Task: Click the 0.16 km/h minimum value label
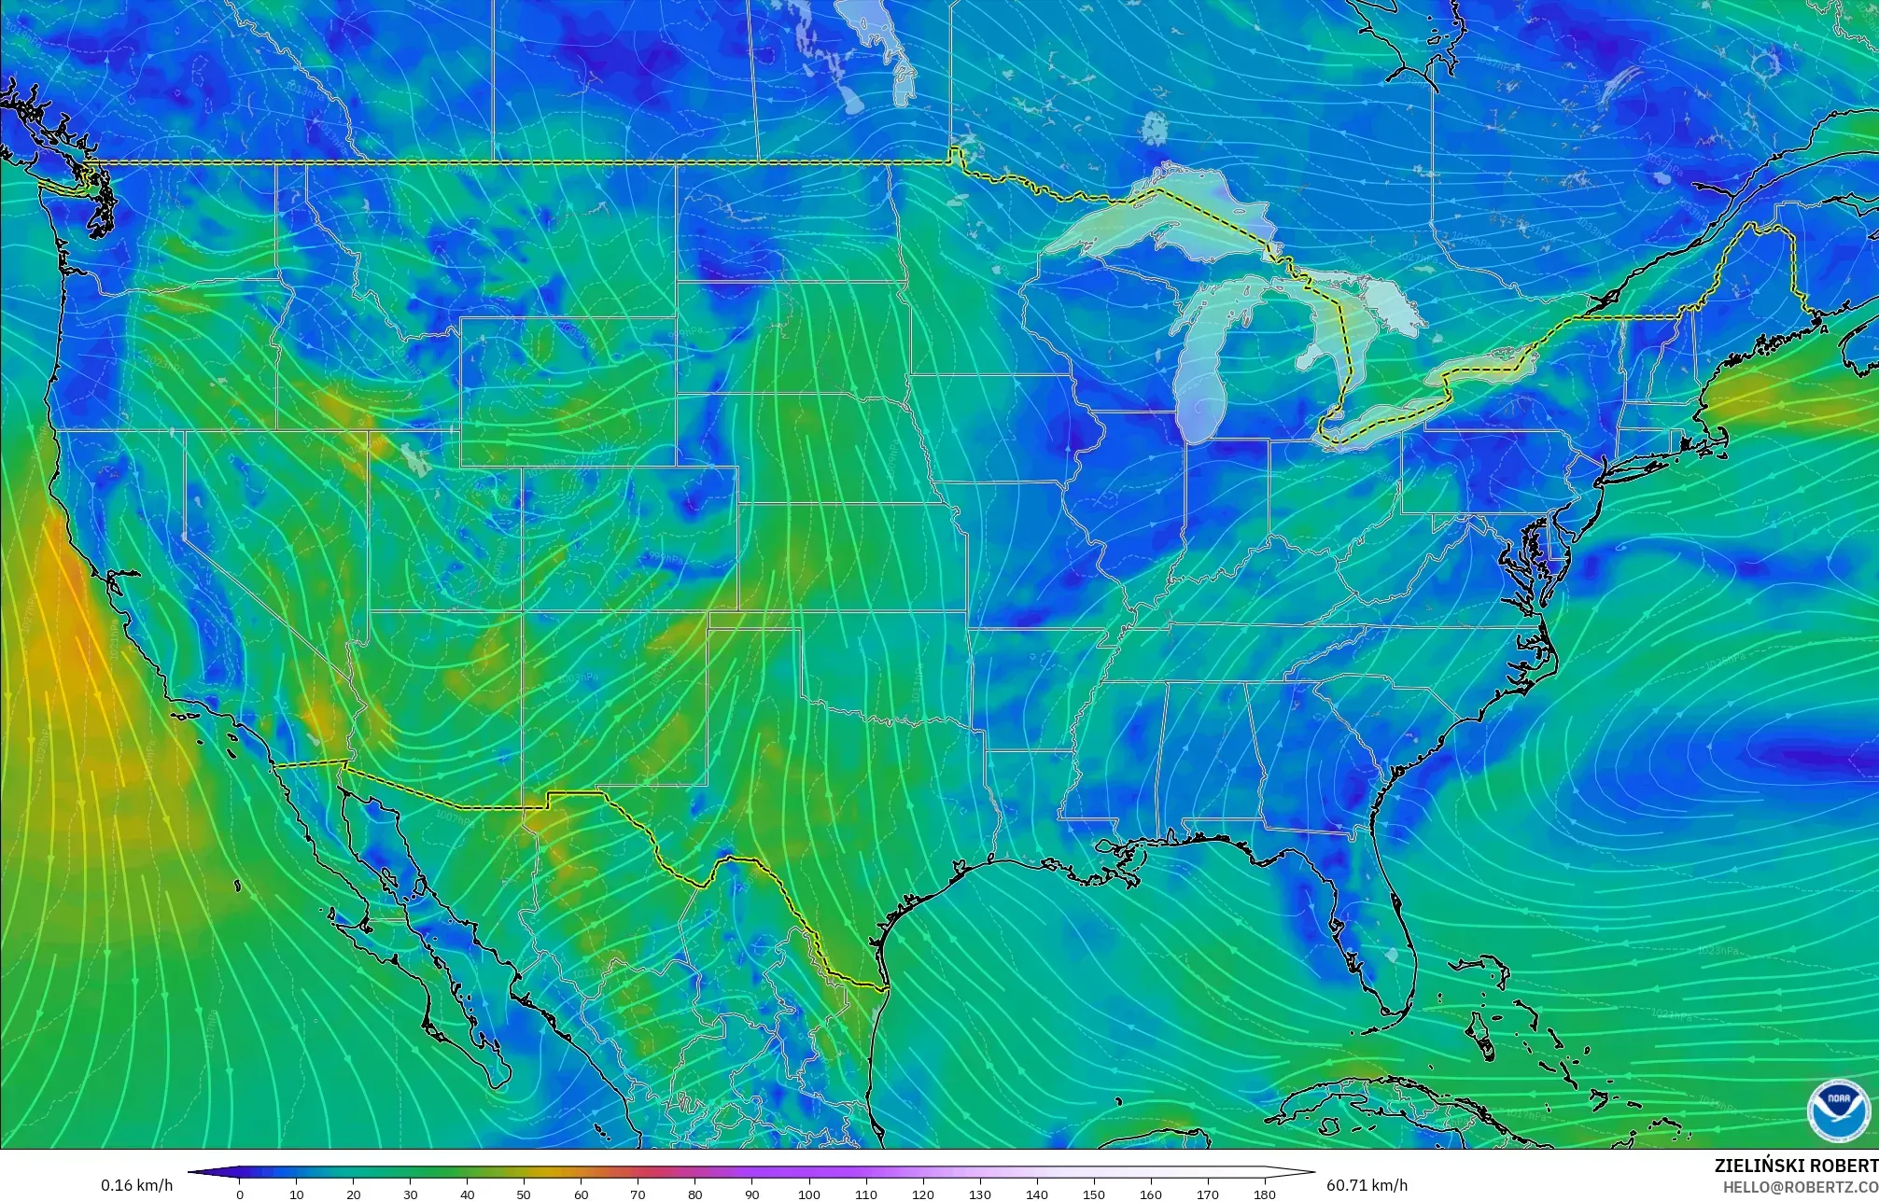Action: coord(137,1185)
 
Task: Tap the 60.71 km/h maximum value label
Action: coord(1367,1185)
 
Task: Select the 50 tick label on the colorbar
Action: coord(524,1194)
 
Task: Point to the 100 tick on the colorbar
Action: coord(809,1194)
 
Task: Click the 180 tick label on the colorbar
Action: coord(1264,1194)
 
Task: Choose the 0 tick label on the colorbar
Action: coord(240,1194)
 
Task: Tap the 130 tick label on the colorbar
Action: coord(980,1194)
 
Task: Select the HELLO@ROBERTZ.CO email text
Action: coord(1800,1186)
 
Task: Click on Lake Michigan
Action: coord(1199,373)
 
